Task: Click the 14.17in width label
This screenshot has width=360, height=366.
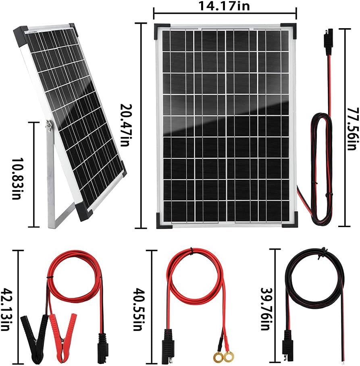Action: coord(224,6)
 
